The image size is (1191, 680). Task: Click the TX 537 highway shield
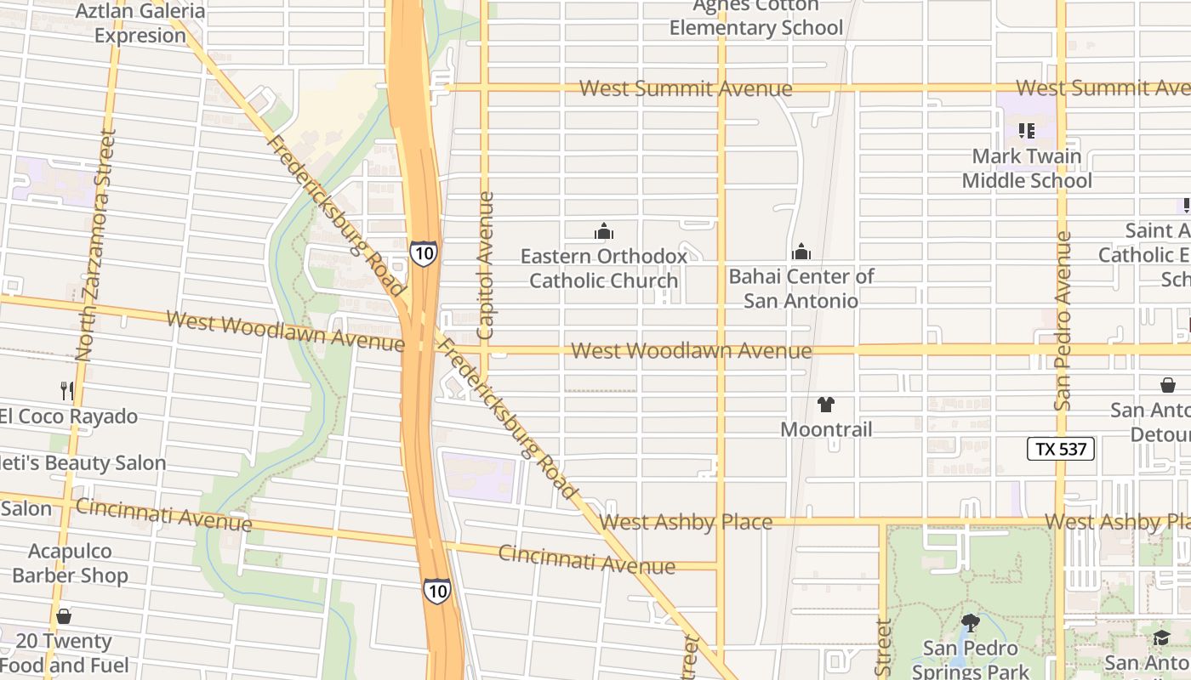1060,449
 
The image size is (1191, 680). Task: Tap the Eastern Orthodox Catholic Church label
603,268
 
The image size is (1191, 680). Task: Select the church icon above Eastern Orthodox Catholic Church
604,231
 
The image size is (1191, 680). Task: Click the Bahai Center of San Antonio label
801,288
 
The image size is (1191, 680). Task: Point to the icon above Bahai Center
801,252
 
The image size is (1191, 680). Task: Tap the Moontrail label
826,429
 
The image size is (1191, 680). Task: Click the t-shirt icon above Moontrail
826,405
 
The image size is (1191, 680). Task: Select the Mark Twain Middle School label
1027,168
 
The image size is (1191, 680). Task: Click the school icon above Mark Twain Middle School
1027,131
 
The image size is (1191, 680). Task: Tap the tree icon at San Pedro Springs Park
970,623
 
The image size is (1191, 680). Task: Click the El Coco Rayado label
68,416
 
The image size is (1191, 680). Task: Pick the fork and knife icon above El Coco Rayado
66,391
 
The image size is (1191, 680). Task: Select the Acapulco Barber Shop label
70,563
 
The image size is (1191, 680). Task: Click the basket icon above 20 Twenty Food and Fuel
64,616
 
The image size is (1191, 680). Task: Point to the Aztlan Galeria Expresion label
140,23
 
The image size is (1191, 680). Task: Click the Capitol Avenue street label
485,265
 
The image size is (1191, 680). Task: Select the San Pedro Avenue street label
1063,321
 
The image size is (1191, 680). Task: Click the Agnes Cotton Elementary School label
755,17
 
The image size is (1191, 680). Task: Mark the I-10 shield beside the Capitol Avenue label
423,252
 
